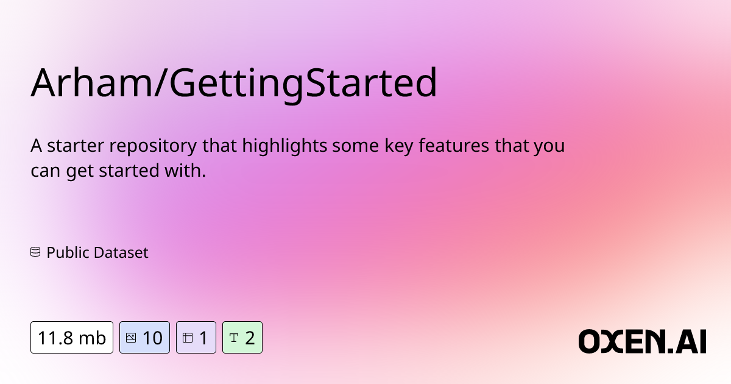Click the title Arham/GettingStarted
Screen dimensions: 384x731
(234, 83)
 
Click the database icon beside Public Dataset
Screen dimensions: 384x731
(35, 252)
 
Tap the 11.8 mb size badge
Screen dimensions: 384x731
(72, 337)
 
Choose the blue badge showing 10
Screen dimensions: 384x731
(145, 337)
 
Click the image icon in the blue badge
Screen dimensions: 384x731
(130, 337)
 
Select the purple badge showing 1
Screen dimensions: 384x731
(196, 337)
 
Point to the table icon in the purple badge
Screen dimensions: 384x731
(188, 337)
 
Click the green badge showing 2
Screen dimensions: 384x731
(242, 337)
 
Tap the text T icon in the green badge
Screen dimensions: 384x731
(233, 337)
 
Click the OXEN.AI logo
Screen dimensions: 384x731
(642, 341)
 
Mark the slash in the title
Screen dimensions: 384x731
(155, 84)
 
